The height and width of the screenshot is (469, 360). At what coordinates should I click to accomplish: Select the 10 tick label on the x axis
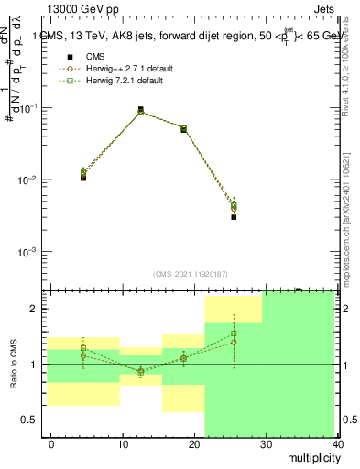[123, 444]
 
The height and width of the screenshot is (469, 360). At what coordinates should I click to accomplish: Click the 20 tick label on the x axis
[194, 444]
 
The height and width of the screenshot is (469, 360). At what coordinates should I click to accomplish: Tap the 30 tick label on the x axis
[266, 444]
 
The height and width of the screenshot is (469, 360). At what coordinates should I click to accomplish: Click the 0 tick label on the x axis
[51, 444]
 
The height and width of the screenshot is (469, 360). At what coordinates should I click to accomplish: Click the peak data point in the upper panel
[140, 110]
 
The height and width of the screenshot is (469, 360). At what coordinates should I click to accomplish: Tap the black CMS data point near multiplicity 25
[234, 217]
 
